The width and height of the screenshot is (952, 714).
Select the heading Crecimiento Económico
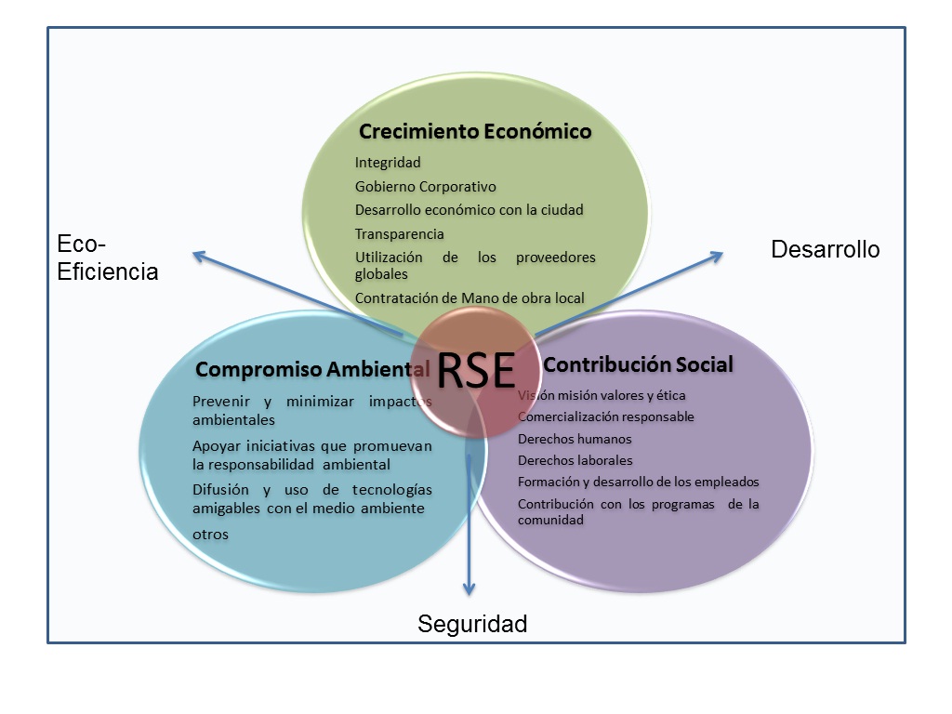point(475,131)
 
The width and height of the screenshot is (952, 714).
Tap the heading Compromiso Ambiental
point(312,369)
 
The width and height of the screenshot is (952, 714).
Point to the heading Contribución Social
point(638,364)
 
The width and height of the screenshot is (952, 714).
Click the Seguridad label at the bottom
point(472,624)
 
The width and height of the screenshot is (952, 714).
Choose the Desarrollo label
point(826,249)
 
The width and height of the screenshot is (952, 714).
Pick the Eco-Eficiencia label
point(108,258)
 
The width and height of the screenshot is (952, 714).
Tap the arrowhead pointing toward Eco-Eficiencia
point(199,257)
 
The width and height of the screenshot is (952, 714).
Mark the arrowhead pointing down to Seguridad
point(469,588)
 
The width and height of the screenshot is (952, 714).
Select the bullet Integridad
point(388,163)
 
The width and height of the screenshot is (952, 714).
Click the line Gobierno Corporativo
point(425,186)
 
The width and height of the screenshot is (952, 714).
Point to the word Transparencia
point(399,233)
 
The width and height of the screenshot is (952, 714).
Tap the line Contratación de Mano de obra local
point(469,298)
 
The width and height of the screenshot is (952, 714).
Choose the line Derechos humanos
point(575,439)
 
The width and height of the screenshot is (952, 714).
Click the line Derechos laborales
point(575,460)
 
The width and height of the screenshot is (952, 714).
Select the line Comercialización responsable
point(605,416)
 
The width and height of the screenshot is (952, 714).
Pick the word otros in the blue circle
point(211,535)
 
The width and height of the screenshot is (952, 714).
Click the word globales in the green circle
point(381,274)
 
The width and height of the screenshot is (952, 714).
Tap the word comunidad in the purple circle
point(550,521)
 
